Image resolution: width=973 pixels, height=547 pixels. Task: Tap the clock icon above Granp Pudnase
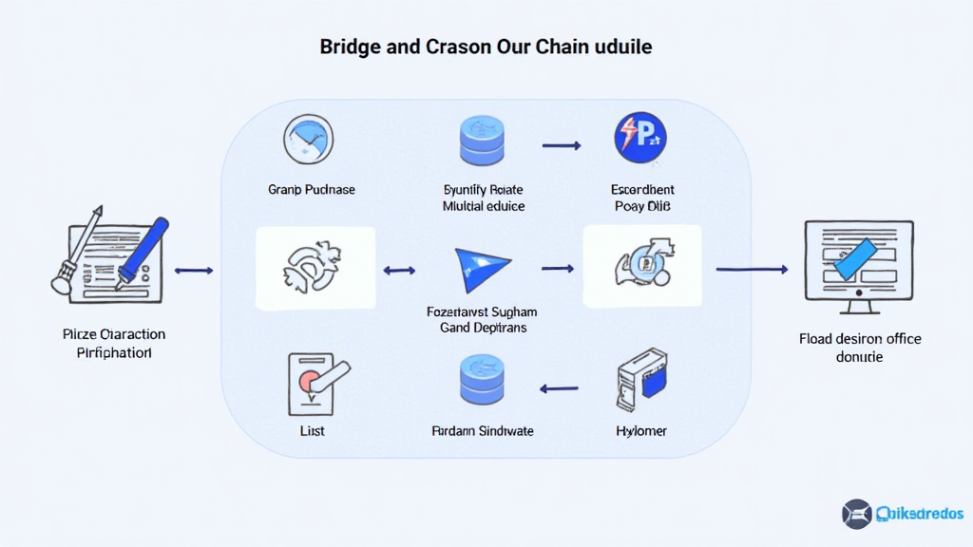point(308,140)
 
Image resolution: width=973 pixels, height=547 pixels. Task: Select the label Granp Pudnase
point(311,190)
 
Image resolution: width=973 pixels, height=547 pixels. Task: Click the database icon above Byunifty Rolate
point(484,140)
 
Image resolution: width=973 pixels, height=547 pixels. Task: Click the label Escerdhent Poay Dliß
point(642,198)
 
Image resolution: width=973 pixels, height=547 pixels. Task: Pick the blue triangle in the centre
point(483,269)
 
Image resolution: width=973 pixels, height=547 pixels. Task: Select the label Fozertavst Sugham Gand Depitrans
point(484,319)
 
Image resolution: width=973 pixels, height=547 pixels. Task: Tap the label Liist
point(311,431)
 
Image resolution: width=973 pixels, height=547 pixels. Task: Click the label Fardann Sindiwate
point(483,431)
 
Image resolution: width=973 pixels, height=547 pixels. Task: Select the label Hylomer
point(641,431)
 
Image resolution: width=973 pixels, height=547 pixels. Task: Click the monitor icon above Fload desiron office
point(859,265)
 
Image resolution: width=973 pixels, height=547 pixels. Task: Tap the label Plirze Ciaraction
point(114,334)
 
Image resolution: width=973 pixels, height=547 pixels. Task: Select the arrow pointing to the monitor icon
point(752,270)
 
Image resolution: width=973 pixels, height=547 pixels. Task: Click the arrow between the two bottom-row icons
point(560,387)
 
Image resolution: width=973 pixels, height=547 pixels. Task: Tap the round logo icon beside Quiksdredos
point(856,514)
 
